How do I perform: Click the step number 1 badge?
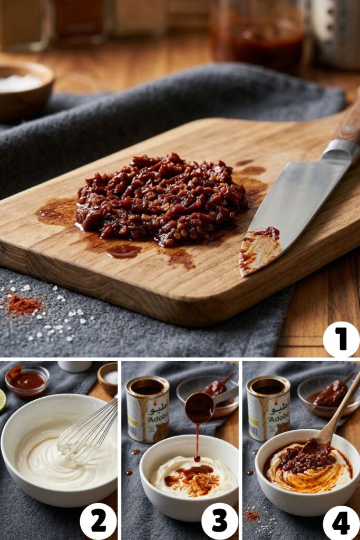click(x=341, y=339)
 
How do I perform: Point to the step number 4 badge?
click(x=341, y=522)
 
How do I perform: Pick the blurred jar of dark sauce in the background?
click(x=258, y=37)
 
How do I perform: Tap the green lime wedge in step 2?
click(x=2, y=400)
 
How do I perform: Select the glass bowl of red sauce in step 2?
click(x=27, y=380)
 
